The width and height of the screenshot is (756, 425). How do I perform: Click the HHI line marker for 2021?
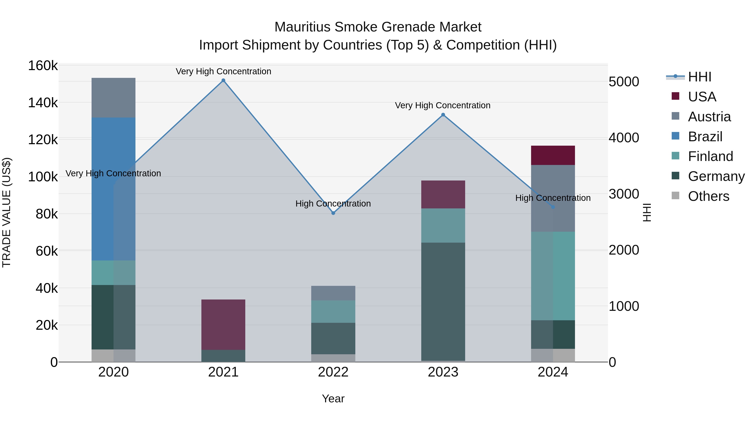pos(223,80)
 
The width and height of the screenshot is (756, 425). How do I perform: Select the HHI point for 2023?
pos(443,115)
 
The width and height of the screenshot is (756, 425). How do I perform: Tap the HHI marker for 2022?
pos(333,213)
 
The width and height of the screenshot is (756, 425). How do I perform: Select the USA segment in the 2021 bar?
pos(223,324)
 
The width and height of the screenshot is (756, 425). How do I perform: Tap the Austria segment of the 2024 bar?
pos(553,198)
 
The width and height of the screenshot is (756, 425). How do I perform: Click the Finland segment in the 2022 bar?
pos(333,311)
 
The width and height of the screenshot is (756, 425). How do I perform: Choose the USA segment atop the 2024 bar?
pos(553,155)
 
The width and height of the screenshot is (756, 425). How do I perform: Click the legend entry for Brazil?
pos(705,137)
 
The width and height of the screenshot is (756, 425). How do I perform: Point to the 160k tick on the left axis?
pos(43,66)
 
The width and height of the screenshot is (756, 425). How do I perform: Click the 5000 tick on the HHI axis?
pos(624,82)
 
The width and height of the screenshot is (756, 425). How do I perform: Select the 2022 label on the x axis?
pos(333,372)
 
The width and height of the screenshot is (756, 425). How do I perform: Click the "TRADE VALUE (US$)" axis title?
pos(7,212)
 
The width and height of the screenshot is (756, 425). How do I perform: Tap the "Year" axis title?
pos(333,399)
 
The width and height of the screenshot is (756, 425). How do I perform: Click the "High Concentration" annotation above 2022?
pos(333,204)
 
